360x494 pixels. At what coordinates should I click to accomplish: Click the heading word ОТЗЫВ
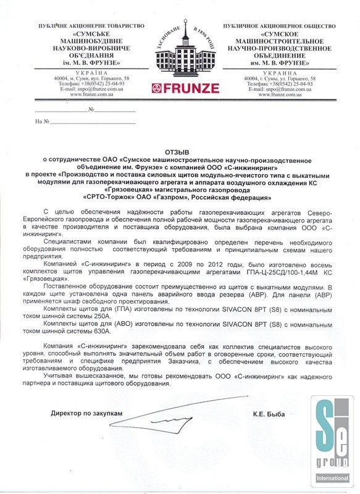tap(179, 151)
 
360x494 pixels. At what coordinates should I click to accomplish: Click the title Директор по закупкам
tap(82, 412)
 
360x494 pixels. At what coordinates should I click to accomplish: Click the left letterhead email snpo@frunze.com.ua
tap(83, 90)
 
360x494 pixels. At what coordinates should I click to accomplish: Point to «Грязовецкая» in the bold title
tap(135, 190)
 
